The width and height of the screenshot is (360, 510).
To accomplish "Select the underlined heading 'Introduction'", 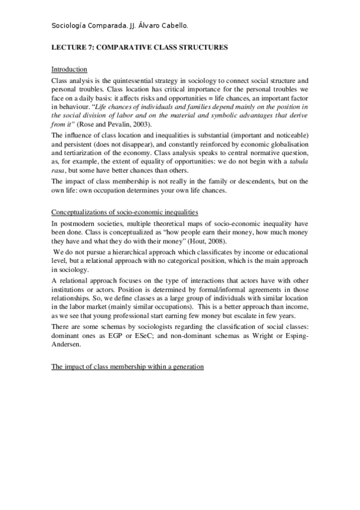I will (69, 69).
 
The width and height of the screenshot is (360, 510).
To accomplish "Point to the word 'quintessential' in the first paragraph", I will (136, 80).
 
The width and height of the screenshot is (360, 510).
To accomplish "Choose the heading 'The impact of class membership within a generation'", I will (127, 366).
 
